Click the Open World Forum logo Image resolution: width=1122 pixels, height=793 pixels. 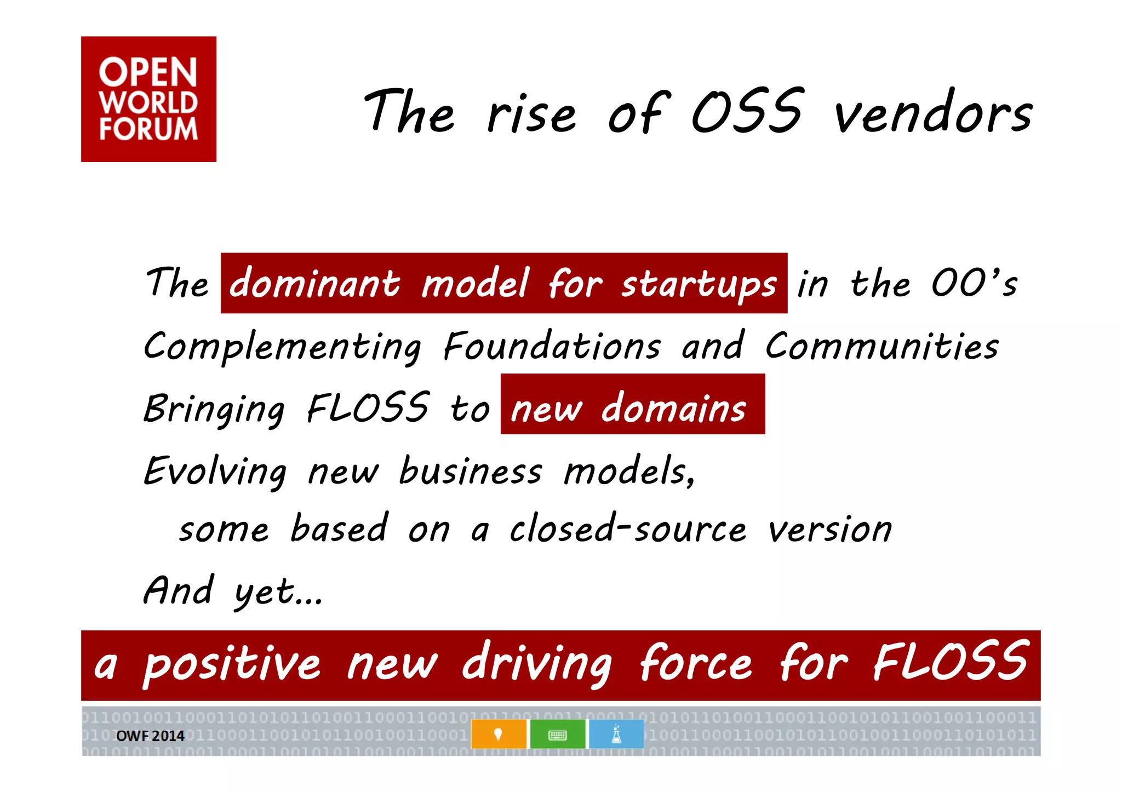(148, 99)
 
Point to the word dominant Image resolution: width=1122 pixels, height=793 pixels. (314, 284)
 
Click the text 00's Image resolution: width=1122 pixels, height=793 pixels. (974, 283)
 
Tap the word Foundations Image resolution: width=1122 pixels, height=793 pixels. (552, 346)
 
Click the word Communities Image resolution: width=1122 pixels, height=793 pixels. (882, 346)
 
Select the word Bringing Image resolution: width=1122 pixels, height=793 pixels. (214, 410)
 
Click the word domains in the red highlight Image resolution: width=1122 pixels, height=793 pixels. (674, 408)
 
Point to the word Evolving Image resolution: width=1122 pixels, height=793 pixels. (214, 472)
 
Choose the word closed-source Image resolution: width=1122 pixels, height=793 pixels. (628, 529)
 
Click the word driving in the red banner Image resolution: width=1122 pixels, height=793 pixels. (537, 664)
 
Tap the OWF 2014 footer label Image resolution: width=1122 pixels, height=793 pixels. (150, 735)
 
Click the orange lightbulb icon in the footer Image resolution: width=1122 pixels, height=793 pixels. (498, 734)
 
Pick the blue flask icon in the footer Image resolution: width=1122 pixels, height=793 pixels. (616, 734)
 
